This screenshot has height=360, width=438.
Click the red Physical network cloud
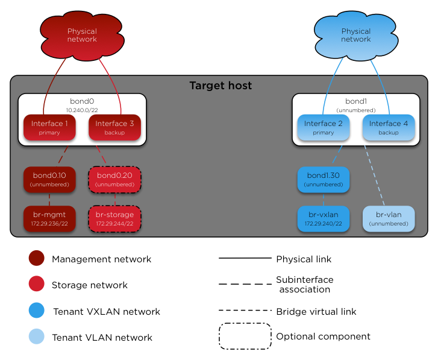(x=82, y=36)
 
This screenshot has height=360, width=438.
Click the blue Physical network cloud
(x=355, y=36)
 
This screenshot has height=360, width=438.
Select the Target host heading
(x=221, y=86)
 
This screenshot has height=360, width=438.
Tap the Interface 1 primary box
(x=49, y=128)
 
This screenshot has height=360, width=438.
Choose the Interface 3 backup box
(x=114, y=128)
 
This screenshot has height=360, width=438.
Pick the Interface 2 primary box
(x=324, y=128)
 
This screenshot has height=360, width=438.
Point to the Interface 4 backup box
(x=389, y=128)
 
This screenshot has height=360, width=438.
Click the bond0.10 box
(x=49, y=179)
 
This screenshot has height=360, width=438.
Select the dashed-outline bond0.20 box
(x=114, y=179)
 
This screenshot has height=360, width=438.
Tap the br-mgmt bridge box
(x=49, y=218)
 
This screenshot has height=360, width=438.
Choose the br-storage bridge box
(x=114, y=218)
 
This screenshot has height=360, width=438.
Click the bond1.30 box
(x=324, y=179)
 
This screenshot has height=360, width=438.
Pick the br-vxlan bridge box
(x=324, y=218)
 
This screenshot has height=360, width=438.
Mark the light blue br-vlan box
(x=389, y=218)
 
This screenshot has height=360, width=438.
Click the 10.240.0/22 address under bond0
(x=82, y=110)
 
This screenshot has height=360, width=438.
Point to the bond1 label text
(x=355, y=102)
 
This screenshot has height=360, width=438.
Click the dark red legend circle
(x=36, y=258)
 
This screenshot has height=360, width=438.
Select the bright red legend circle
(x=36, y=284)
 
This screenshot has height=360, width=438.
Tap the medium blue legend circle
(x=36, y=310)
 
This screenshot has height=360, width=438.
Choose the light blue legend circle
(x=36, y=336)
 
